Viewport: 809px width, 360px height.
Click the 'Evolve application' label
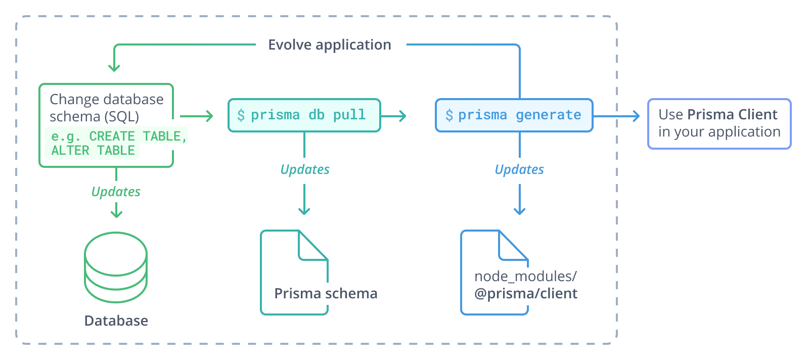(x=329, y=44)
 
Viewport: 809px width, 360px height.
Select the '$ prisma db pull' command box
(x=304, y=115)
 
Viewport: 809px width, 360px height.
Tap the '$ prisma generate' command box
(x=514, y=115)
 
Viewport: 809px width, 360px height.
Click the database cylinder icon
(x=116, y=267)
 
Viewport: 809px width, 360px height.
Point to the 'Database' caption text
(x=116, y=321)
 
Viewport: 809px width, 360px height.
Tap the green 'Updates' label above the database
(x=116, y=192)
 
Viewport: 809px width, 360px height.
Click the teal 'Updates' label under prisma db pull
(x=305, y=169)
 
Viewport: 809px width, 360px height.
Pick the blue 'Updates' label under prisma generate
(x=519, y=169)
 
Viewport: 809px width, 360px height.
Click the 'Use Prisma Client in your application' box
(x=719, y=123)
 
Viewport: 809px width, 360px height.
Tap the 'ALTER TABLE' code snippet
(x=93, y=151)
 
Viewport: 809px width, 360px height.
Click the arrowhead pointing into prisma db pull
(x=210, y=116)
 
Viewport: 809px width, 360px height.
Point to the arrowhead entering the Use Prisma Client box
(x=637, y=116)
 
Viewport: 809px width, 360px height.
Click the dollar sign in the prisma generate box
(x=449, y=115)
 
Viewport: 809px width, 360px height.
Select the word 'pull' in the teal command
(x=349, y=115)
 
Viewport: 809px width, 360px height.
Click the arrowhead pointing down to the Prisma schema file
(x=304, y=211)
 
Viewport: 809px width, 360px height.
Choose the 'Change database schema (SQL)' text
(x=106, y=108)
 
